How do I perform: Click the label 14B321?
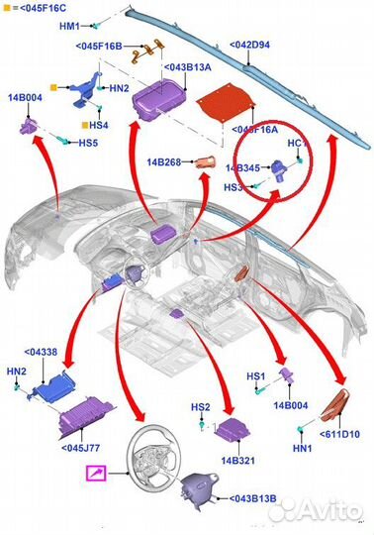[237, 461]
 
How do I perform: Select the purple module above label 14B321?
[232, 428]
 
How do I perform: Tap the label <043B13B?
[252, 498]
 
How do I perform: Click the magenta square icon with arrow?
[96, 474]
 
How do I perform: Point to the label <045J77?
[81, 447]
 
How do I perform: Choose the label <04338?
[41, 352]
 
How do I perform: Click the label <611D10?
[339, 434]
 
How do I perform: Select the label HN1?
[302, 448]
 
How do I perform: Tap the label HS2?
[200, 407]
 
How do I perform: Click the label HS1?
[255, 376]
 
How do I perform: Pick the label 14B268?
[164, 161]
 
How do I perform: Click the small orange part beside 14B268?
[205, 161]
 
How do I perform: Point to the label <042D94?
[249, 45]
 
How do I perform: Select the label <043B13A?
[188, 67]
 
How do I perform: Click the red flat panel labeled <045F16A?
[226, 103]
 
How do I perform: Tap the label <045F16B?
[99, 46]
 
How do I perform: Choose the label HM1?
[69, 26]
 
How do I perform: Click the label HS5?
[88, 143]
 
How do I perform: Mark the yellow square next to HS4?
[85, 125]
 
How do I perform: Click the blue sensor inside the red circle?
[278, 169]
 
